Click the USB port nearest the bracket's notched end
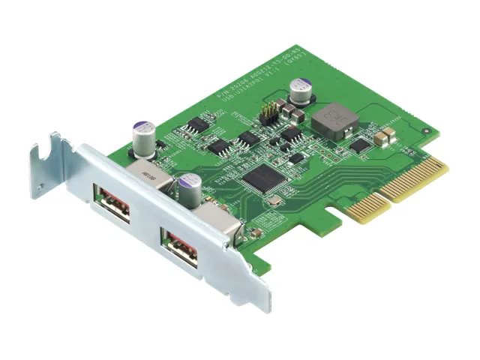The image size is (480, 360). coord(113,207)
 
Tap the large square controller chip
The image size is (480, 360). coord(261,177)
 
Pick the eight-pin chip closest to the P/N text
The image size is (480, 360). coord(199,123)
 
